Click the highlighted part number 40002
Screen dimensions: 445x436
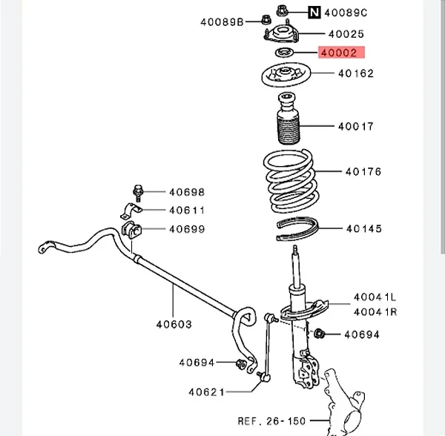click(x=339, y=53)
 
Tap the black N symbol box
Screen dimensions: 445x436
click(x=314, y=13)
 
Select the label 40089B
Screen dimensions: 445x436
click(x=222, y=22)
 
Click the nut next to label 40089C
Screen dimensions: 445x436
click(x=282, y=10)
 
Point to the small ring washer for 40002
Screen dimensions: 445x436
click(x=285, y=53)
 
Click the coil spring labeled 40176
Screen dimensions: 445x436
click(x=291, y=181)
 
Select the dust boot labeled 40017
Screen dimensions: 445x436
click(x=288, y=119)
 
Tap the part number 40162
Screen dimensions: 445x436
click(x=356, y=73)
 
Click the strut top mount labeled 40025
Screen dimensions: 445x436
click(x=282, y=34)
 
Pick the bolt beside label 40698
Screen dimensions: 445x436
click(x=138, y=192)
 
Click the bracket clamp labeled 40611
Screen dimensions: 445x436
click(x=131, y=211)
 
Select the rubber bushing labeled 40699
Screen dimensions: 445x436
click(x=131, y=230)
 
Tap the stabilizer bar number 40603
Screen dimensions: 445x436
click(x=174, y=324)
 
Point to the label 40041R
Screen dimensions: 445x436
click(x=375, y=312)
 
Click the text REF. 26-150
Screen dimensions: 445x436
click(x=271, y=421)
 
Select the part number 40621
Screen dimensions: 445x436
click(x=206, y=392)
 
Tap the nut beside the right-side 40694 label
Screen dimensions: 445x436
click(x=319, y=334)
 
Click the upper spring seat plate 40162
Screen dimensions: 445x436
click(x=286, y=75)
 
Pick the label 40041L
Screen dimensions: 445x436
click(x=375, y=297)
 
